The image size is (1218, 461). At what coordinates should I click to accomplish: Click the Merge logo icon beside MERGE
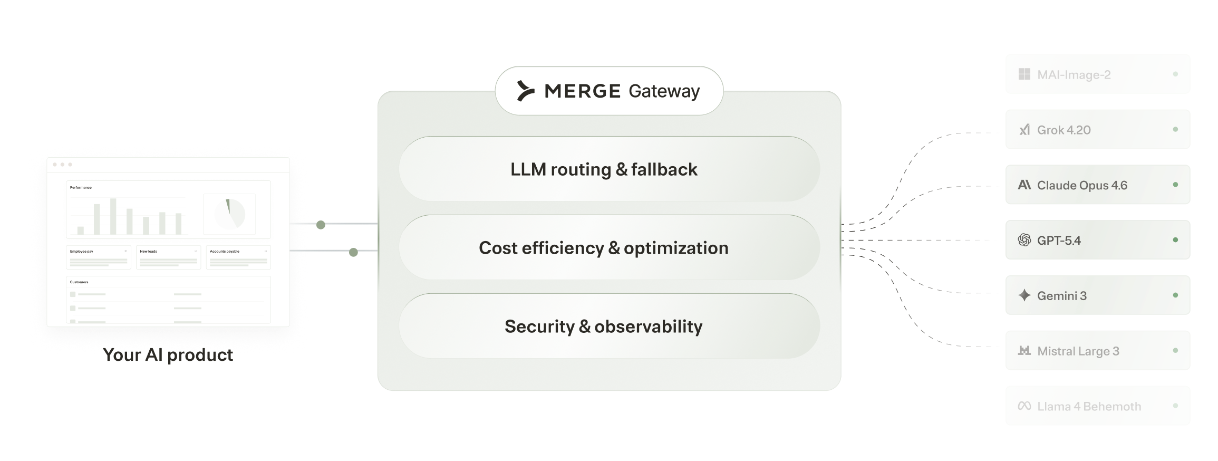(525, 91)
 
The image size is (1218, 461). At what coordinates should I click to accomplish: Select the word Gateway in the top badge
(664, 91)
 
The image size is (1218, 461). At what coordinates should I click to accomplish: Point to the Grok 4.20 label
(1064, 130)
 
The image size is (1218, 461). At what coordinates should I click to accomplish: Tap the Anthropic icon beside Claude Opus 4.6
(1024, 185)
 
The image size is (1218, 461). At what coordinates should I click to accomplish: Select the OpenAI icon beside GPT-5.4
(1024, 241)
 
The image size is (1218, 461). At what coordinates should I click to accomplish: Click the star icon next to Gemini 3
(1024, 295)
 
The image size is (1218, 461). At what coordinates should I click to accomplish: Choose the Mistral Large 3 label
(1078, 351)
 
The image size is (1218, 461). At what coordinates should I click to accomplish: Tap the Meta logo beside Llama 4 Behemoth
(1024, 406)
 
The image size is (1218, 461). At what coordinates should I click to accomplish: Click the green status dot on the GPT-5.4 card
(1175, 240)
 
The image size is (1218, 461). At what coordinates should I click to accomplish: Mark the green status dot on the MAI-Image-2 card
(1175, 74)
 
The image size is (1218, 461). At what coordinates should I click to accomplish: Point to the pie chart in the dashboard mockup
(230, 214)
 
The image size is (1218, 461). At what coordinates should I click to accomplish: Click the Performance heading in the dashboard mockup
(81, 188)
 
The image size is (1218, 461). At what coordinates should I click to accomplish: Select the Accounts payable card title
(225, 252)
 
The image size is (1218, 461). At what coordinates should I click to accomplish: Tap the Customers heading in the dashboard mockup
(79, 282)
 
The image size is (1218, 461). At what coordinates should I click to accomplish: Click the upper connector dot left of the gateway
(321, 225)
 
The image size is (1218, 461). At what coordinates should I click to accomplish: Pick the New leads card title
(148, 252)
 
